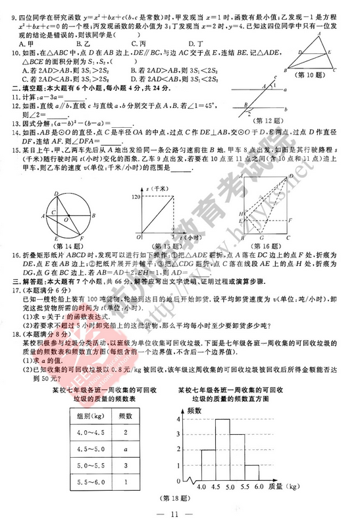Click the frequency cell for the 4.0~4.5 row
[125, 432]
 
